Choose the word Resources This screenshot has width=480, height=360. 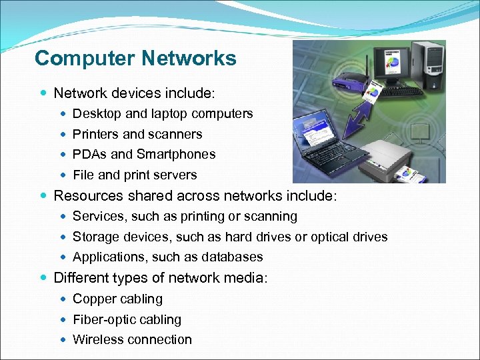(x=85, y=196)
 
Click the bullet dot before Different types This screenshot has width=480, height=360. (x=43, y=277)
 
